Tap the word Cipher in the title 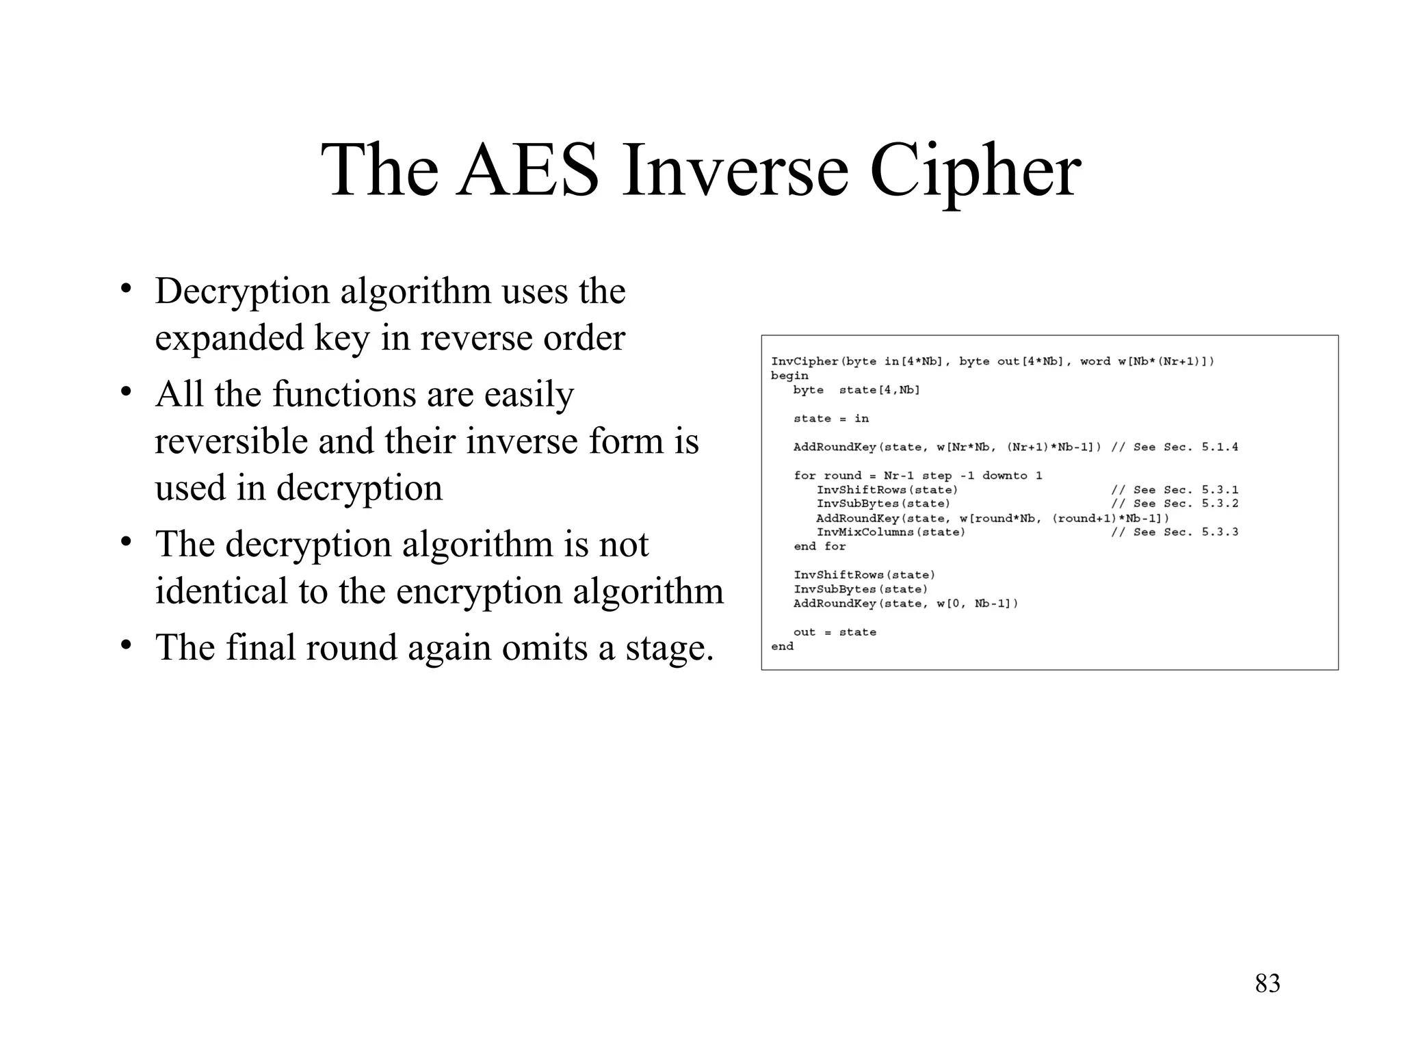[x=975, y=171]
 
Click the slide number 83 [x=1268, y=983]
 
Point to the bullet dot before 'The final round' [x=126, y=646]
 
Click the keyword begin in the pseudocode [x=789, y=376]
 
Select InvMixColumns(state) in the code [x=891, y=532]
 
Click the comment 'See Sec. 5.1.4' [x=1186, y=447]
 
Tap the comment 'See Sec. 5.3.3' [x=1186, y=532]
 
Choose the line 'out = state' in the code [x=835, y=632]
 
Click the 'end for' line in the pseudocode [x=820, y=547]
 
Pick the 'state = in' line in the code [x=830, y=419]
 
